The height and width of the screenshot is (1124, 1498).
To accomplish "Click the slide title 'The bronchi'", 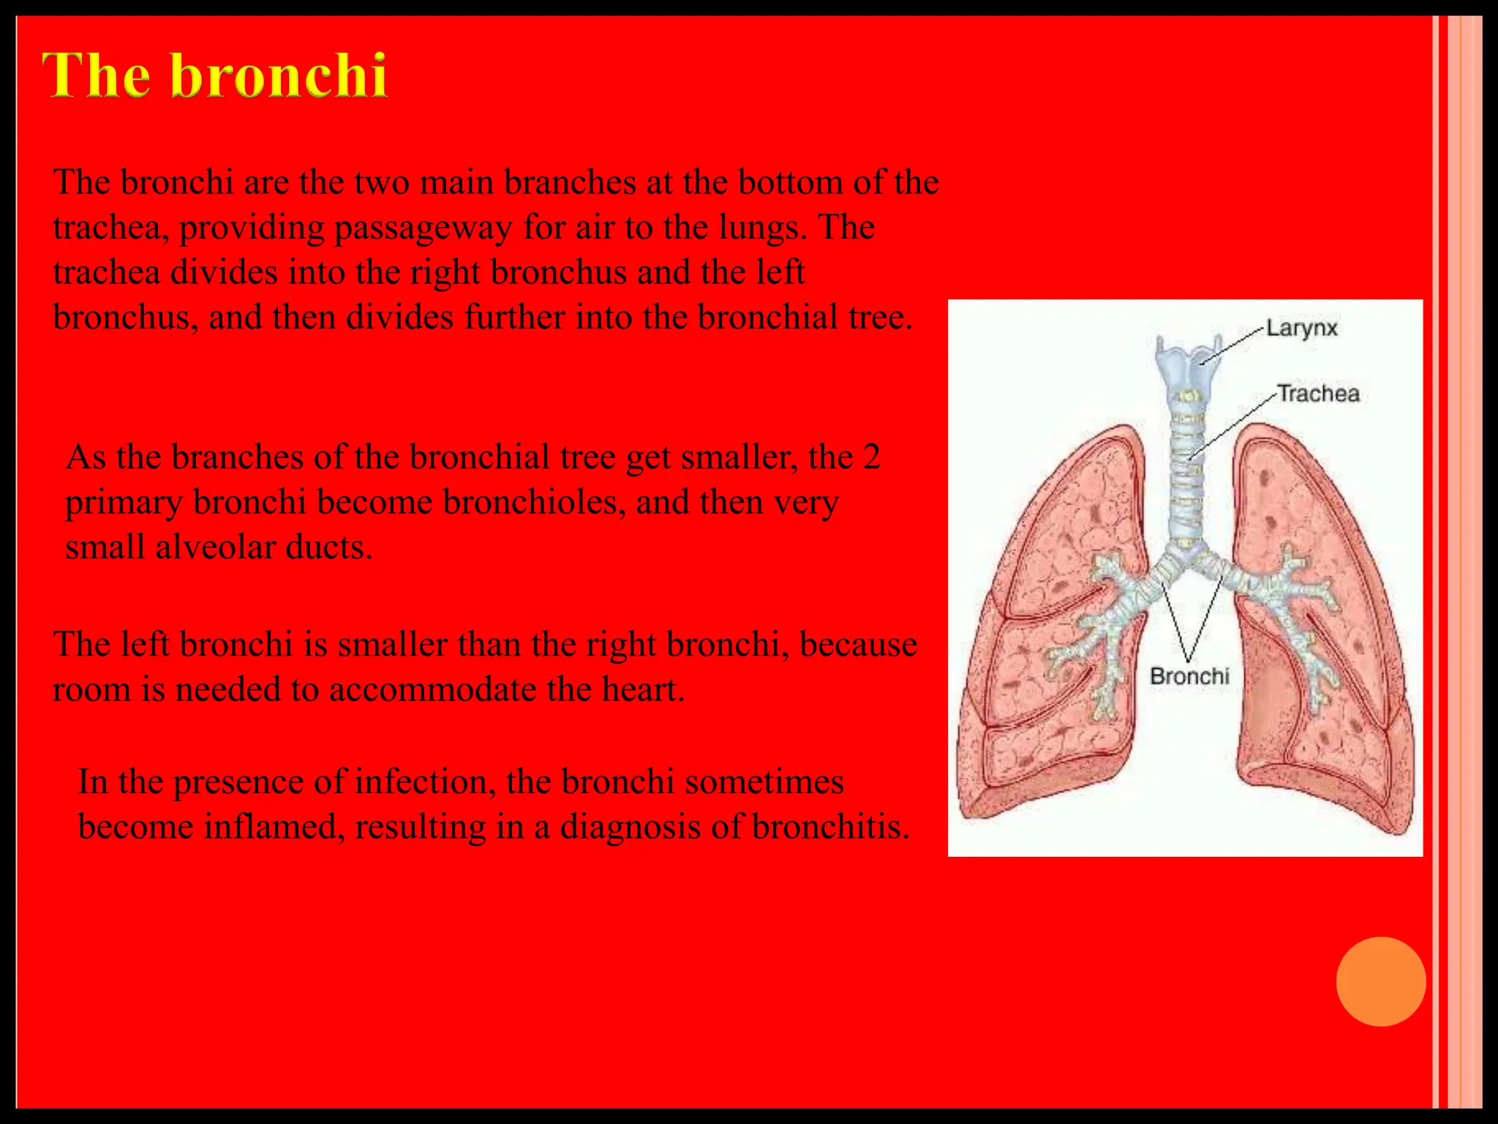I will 214,75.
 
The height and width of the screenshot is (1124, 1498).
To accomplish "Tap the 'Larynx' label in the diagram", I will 1301,328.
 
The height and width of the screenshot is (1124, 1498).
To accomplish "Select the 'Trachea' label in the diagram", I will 1318,394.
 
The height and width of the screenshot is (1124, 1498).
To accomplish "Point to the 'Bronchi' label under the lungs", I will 1189,675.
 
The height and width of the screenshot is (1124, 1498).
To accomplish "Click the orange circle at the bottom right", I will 1380,981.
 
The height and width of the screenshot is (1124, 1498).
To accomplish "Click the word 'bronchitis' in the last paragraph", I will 830,827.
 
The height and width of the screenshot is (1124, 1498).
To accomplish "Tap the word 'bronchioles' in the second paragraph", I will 533,502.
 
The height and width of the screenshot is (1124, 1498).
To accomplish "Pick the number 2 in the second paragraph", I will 871,457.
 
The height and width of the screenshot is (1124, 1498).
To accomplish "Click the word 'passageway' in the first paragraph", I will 423,228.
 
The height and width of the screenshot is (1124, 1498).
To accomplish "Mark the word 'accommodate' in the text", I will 432,689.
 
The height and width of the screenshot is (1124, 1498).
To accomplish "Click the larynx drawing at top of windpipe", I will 1188,359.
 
